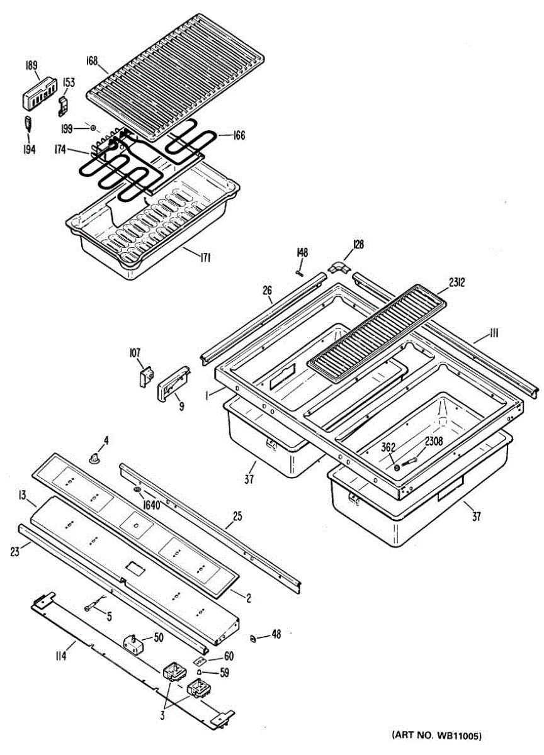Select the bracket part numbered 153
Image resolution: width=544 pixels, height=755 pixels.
tap(64, 105)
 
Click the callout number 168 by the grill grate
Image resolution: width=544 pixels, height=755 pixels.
tap(93, 61)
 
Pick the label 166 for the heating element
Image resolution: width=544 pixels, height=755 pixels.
tap(239, 135)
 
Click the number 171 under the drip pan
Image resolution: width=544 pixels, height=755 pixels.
tap(205, 257)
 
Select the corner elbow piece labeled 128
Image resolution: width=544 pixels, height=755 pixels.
tap(340, 267)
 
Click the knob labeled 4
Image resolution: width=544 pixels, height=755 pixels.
tap(96, 460)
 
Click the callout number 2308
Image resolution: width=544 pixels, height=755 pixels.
tap(433, 442)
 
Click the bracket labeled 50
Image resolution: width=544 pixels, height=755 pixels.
tap(133, 643)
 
